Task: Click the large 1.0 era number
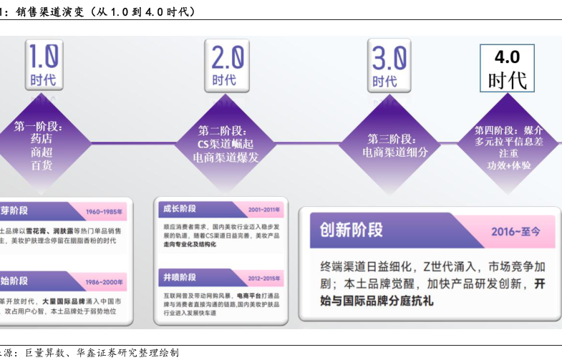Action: point(43,56)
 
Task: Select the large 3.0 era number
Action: point(390,57)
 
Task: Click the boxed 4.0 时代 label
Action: point(507,69)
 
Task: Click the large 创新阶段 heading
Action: point(352,230)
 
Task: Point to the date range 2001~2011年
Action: point(263,210)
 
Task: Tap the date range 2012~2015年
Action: point(263,278)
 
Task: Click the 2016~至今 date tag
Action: point(515,231)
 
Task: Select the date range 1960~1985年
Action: point(105,212)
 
